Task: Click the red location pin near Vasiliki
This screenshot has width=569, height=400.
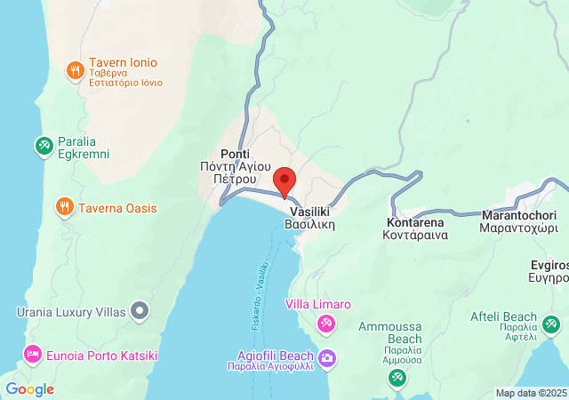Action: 284,180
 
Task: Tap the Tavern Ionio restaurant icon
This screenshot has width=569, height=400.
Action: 76,69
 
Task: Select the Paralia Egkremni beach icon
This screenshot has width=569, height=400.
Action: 44,145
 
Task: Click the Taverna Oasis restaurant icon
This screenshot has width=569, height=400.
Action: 64,208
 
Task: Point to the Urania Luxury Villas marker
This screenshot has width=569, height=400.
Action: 140,311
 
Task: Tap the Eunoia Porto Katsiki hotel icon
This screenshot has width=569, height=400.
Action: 33,356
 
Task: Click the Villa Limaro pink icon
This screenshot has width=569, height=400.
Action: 326,322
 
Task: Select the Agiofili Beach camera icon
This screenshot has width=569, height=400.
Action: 327,358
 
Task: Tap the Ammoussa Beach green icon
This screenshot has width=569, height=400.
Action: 397,378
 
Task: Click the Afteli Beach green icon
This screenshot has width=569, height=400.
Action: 552,324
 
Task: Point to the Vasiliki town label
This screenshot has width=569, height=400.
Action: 309,219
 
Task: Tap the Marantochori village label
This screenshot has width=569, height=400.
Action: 518,221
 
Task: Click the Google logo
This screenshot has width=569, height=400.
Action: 29,389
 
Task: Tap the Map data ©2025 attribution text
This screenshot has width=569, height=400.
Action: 530,393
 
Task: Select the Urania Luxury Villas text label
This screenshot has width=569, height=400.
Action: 71,312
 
